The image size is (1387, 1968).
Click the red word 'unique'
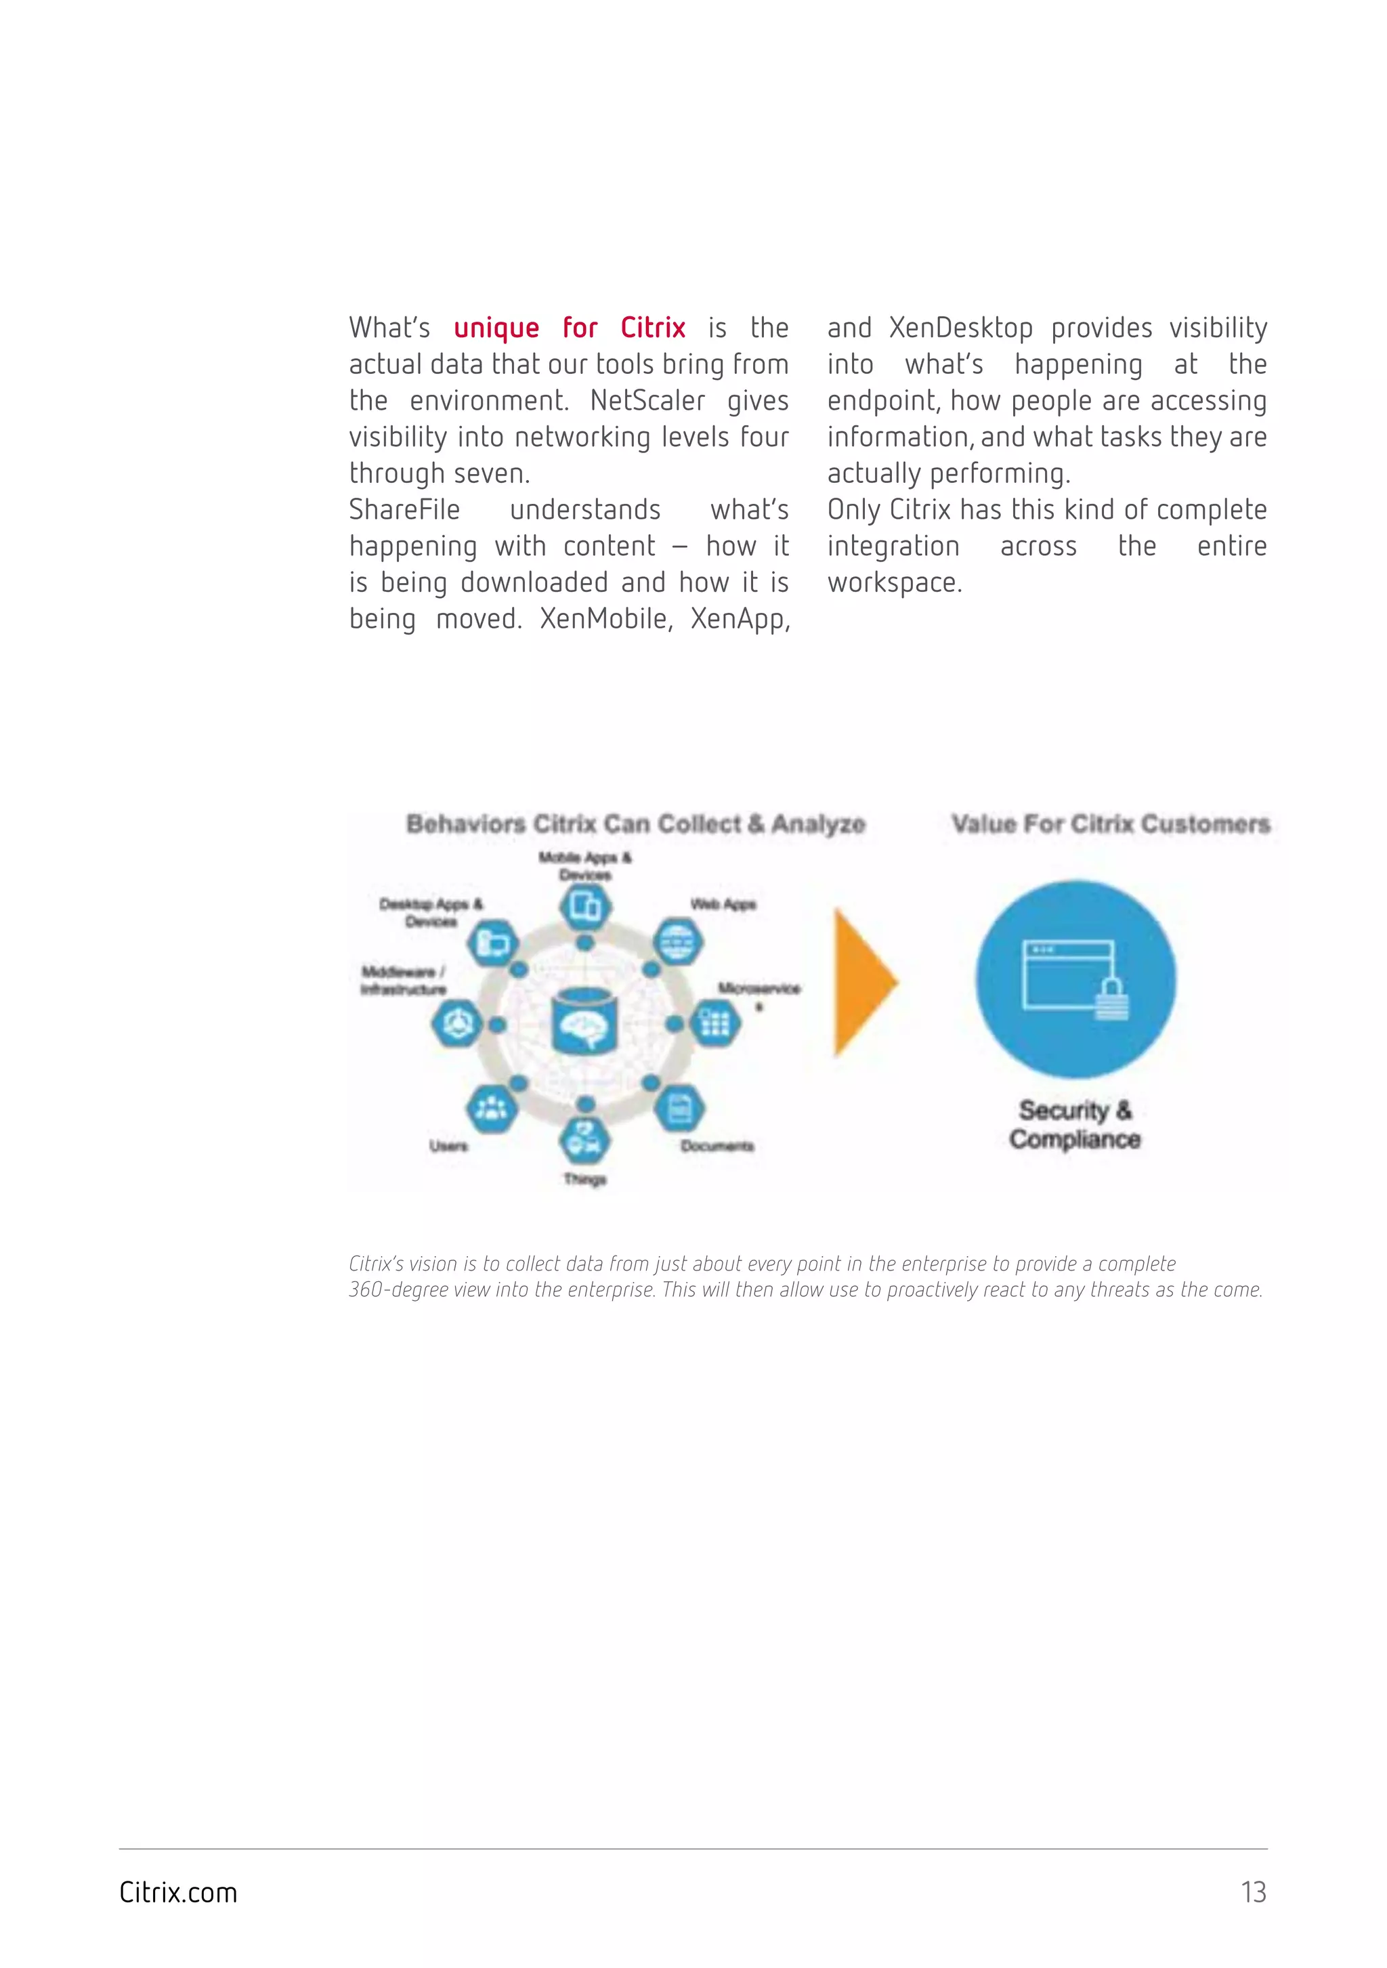(x=496, y=328)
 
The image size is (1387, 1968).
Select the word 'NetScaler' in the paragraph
(x=647, y=401)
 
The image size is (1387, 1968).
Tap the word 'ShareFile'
(x=404, y=510)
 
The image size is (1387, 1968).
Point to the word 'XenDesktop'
(x=960, y=328)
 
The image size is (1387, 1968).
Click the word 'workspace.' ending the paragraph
(x=894, y=583)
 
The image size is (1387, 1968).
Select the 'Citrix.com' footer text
(x=178, y=1891)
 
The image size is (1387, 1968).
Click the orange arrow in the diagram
(x=864, y=982)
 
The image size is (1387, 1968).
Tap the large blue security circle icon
(x=1076, y=980)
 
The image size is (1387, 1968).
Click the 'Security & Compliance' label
(x=1075, y=1125)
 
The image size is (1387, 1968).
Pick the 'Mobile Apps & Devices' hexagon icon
(x=586, y=906)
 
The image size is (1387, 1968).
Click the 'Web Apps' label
(x=723, y=904)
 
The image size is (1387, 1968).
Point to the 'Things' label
(x=584, y=1180)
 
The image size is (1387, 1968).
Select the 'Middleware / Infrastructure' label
(x=403, y=981)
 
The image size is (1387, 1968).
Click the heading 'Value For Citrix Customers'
(x=1110, y=825)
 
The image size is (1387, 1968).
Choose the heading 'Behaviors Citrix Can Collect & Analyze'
(x=635, y=825)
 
